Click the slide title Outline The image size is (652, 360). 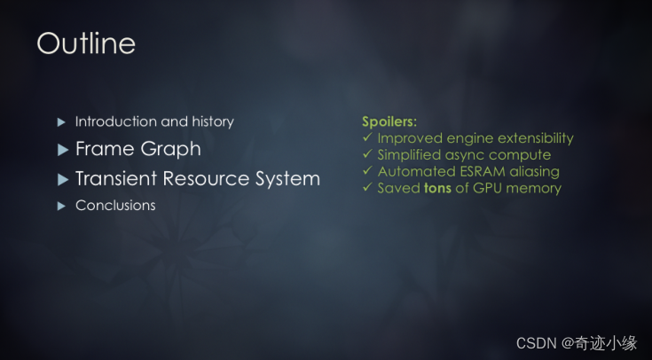pos(86,43)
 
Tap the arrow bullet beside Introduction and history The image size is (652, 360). pos(61,122)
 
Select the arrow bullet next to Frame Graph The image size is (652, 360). pos(63,150)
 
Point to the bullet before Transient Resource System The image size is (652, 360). pos(63,180)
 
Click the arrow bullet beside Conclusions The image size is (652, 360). pos(61,206)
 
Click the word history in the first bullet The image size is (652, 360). pos(213,121)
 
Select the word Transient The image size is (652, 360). pos(116,179)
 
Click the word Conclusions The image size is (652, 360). pos(115,206)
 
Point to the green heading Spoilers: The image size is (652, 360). pos(389,121)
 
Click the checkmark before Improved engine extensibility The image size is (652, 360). pos(367,137)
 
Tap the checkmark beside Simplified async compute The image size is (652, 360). pos(367,153)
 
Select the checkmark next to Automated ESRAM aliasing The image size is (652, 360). pos(367,170)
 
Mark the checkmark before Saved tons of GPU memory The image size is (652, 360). pos(367,187)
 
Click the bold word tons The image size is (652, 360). pos(437,188)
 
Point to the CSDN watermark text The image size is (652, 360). pos(577,343)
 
